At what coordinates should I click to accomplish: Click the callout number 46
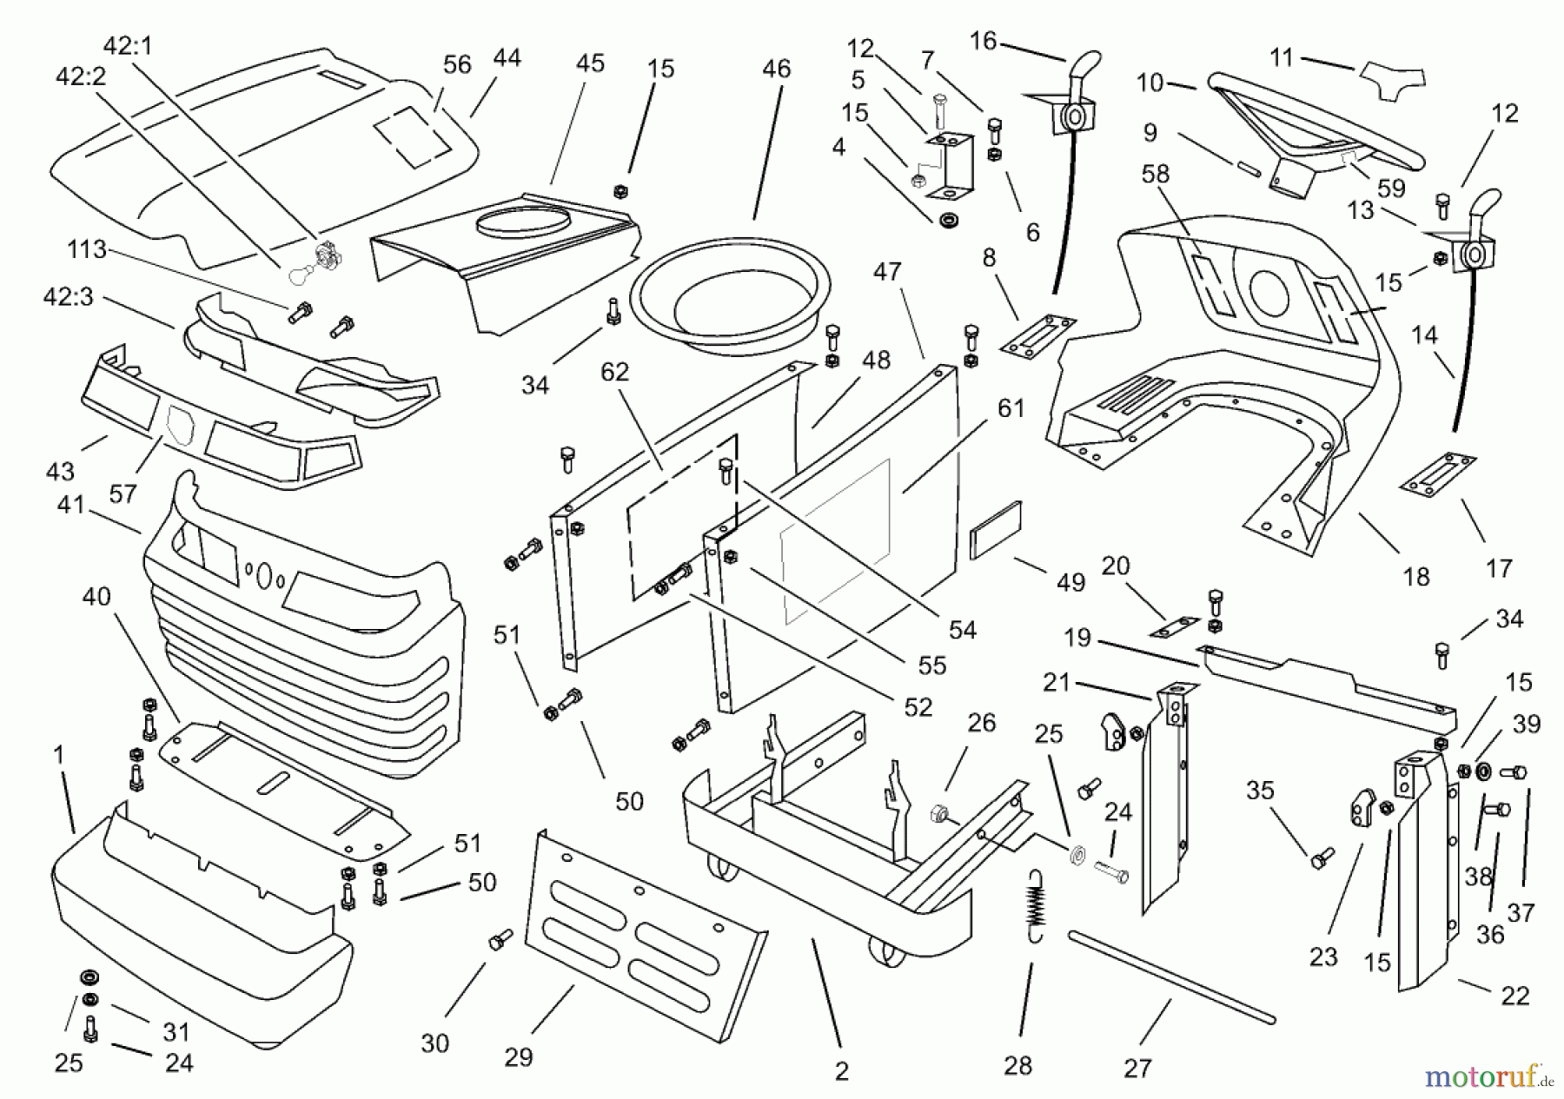pyautogui.click(x=776, y=70)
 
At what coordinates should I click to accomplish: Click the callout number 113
pyautogui.click(x=87, y=250)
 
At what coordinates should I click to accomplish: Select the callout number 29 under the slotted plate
pyautogui.click(x=518, y=1057)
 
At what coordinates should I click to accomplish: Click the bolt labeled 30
pyautogui.click(x=500, y=939)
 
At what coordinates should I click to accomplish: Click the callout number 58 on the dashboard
pyautogui.click(x=1156, y=174)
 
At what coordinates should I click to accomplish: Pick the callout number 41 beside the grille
pyautogui.click(x=70, y=504)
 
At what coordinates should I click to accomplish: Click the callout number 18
pyautogui.click(x=1416, y=576)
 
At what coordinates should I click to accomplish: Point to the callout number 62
pyautogui.click(x=614, y=372)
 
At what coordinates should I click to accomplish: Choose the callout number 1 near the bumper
pyautogui.click(x=59, y=755)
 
